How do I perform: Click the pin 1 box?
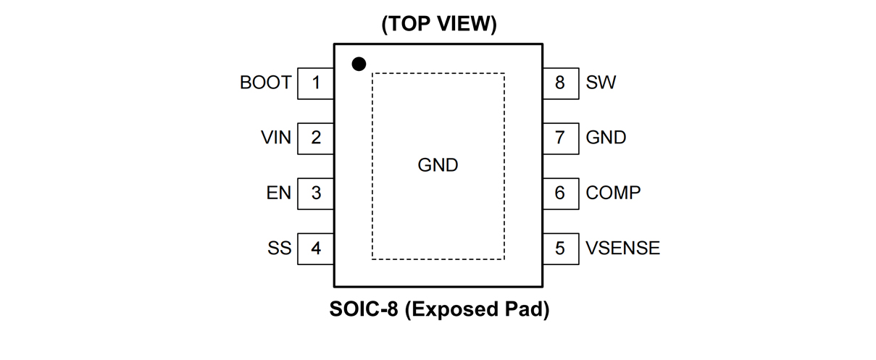point(316,83)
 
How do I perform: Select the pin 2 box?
point(316,138)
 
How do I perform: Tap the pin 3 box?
point(316,193)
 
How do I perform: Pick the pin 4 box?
point(316,248)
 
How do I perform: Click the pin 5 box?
point(560,248)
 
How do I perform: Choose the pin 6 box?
point(560,193)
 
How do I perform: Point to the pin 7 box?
point(560,138)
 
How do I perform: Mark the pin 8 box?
point(560,83)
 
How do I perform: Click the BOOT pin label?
point(265,83)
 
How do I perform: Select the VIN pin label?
point(276,138)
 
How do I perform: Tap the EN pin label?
point(279,193)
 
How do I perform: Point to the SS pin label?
point(279,248)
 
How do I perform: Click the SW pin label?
point(601,83)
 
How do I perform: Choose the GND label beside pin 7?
point(606,138)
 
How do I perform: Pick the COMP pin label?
point(613,193)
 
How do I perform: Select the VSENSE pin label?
point(622,248)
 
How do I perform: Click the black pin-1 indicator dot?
point(359,64)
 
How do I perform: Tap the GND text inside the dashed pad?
point(438,165)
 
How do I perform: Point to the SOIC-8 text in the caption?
point(364,310)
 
